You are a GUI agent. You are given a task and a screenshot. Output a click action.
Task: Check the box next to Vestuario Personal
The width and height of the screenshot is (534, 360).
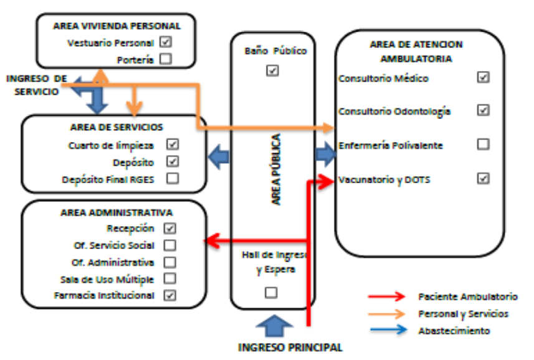click(x=165, y=42)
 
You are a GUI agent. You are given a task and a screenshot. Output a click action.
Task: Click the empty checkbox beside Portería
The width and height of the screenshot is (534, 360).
click(x=165, y=60)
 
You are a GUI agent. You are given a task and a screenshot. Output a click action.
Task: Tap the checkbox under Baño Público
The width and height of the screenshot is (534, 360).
click(x=272, y=70)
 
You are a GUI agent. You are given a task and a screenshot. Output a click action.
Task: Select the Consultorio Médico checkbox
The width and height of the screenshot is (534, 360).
click(x=482, y=77)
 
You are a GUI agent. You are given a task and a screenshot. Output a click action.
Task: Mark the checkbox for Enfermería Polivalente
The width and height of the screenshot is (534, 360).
click(x=482, y=144)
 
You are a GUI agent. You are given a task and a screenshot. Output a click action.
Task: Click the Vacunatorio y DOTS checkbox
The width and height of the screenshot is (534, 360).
click(x=482, y=179)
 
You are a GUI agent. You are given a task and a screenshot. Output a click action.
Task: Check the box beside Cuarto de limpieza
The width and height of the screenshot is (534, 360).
click(x=173, y=144)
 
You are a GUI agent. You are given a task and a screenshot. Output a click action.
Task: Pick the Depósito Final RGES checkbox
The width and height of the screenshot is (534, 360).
click(x=173, y=178)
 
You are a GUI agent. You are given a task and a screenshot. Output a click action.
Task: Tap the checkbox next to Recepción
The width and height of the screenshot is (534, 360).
click(x=169, y=229)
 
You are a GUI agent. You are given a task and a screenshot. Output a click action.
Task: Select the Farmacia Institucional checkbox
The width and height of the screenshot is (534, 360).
click(x=169, y=295)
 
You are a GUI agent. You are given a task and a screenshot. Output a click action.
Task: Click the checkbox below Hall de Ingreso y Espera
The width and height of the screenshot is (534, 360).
click(x=271, y=292)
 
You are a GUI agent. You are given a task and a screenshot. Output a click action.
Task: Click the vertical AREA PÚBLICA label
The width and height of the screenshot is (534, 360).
click(x=276, y=169)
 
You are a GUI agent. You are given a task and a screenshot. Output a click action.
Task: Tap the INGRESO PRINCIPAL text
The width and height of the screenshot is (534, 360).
click(x=290, y=348)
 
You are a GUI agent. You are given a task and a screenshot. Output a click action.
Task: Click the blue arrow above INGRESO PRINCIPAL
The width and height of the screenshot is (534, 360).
click(x=274, y=326)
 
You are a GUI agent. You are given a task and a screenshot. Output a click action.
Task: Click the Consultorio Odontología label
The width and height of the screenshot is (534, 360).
click(x=394, y=111)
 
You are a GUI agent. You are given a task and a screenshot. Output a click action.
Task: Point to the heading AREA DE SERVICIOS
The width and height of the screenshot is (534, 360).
click(x=117, y=127)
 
